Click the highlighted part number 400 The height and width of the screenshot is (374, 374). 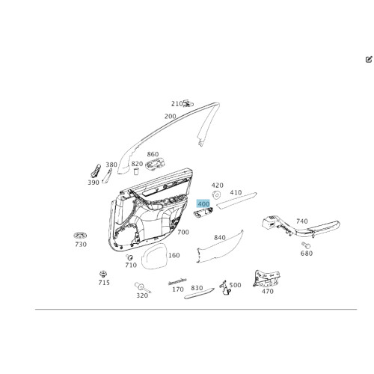pos(203,204)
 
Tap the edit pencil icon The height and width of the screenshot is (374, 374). pos(369,60)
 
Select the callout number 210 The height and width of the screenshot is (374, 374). pos(177,104)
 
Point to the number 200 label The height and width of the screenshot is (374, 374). pos(171,116)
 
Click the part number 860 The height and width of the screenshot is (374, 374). pos(153,154)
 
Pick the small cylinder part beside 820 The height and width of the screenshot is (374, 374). pos(136,171)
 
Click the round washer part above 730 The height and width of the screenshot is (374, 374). pos(80,235)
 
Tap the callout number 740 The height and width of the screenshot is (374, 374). pos(302,221)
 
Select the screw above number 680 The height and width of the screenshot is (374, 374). pos(306,245)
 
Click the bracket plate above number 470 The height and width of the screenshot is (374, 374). pos(266,278)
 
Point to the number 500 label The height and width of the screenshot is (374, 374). pos(235,285)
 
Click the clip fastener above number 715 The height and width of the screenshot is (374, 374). pos(102,274)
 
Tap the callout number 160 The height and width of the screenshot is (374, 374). pos(174,255)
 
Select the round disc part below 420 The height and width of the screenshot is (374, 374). pos(216,194)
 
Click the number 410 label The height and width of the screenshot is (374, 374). pos(236,192)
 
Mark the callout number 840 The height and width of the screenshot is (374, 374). pos(220,237)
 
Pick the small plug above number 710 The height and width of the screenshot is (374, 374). pos(129,257)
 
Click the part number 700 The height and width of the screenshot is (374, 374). pos(183,232)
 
